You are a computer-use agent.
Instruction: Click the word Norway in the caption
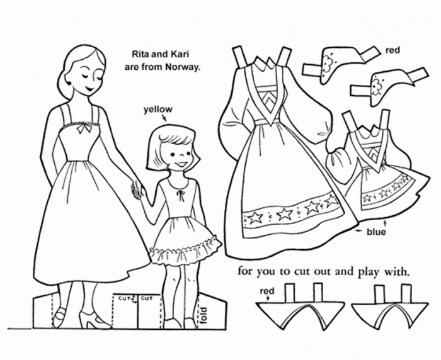coord(183,67)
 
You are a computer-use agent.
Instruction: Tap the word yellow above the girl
coord(158,110)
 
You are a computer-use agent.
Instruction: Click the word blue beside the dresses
coord(376,232)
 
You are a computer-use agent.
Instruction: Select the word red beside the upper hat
coord(392,50)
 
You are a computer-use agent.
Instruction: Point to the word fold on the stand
coord(203,315)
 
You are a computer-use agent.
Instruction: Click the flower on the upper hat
coord(328,64)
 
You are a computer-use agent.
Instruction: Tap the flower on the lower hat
coord(375,86)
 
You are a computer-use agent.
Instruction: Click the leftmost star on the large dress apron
coord(255,218)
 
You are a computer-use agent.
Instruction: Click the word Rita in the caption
coord(139,54)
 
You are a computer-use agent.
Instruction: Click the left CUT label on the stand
coord(123,298)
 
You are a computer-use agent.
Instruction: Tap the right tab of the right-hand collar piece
coord(408,293)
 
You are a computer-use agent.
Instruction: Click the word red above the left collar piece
coord(267,291)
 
